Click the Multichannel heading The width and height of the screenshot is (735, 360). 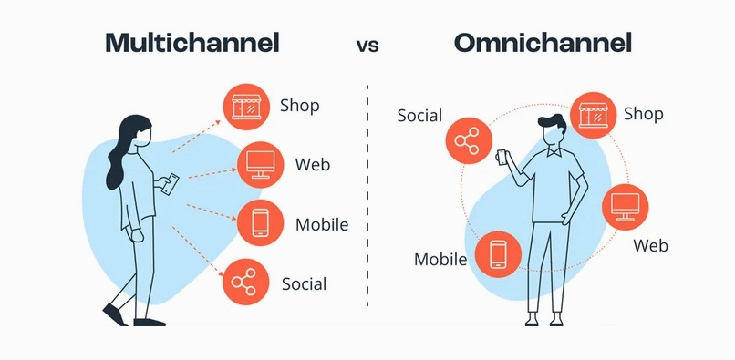[192, 43]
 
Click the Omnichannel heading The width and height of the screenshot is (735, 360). [543, 43]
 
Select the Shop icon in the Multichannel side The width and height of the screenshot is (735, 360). [246, 107]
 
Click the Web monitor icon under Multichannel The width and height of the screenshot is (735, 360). [261, 165]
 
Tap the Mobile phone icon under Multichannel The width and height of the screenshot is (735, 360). [261, 222]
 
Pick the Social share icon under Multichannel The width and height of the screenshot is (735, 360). [245, 282]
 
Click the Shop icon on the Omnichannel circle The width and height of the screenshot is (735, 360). [594, 116]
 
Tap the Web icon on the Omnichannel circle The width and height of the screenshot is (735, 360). [626, 207]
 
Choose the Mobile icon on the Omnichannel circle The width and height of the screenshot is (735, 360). [498, 254]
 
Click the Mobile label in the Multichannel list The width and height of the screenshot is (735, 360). [322, 224]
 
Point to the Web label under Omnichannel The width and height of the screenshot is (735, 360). [650, 245]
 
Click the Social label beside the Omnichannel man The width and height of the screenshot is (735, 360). [419, 116]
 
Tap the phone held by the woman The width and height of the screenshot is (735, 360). [170, 184]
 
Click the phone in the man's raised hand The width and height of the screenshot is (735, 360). [502, 158]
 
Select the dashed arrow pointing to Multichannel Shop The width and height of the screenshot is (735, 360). [196, 136]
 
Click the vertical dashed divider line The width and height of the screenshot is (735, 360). [367, 195]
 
